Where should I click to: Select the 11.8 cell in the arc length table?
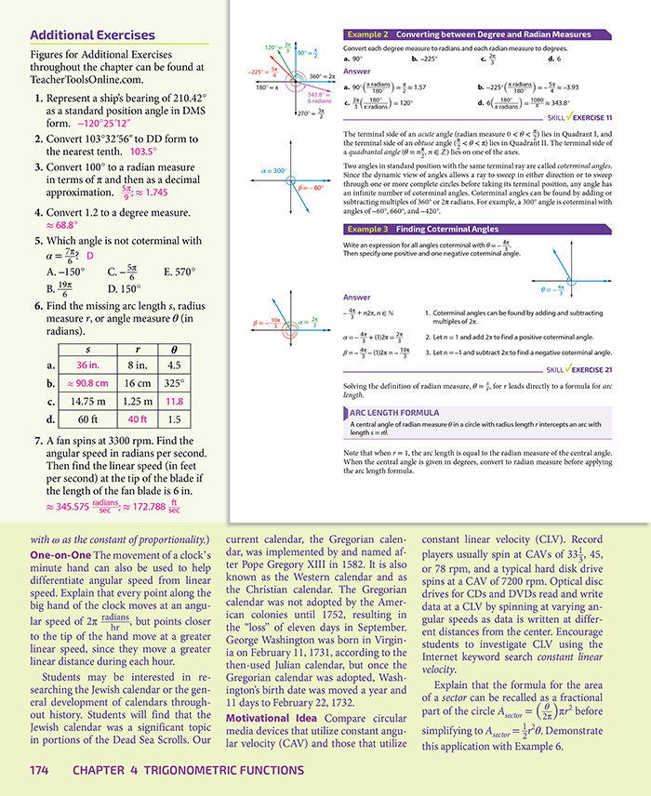(174, 401)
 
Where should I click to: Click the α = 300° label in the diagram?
(274, 171)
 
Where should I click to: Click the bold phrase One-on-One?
(61, 555)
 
